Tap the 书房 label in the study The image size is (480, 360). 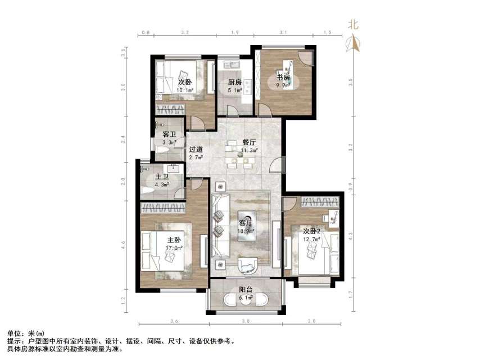(282, 77)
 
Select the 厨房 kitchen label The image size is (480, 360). (234, 83)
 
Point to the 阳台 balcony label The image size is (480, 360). (246, 290)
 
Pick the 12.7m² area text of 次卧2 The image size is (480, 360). (312, 238)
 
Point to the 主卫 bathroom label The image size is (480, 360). (162, 176)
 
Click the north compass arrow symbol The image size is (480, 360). (354, 43)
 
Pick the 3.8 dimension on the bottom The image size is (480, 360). (246, 321)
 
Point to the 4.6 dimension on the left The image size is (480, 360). (124, 245)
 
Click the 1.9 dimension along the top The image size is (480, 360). (236, 32)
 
